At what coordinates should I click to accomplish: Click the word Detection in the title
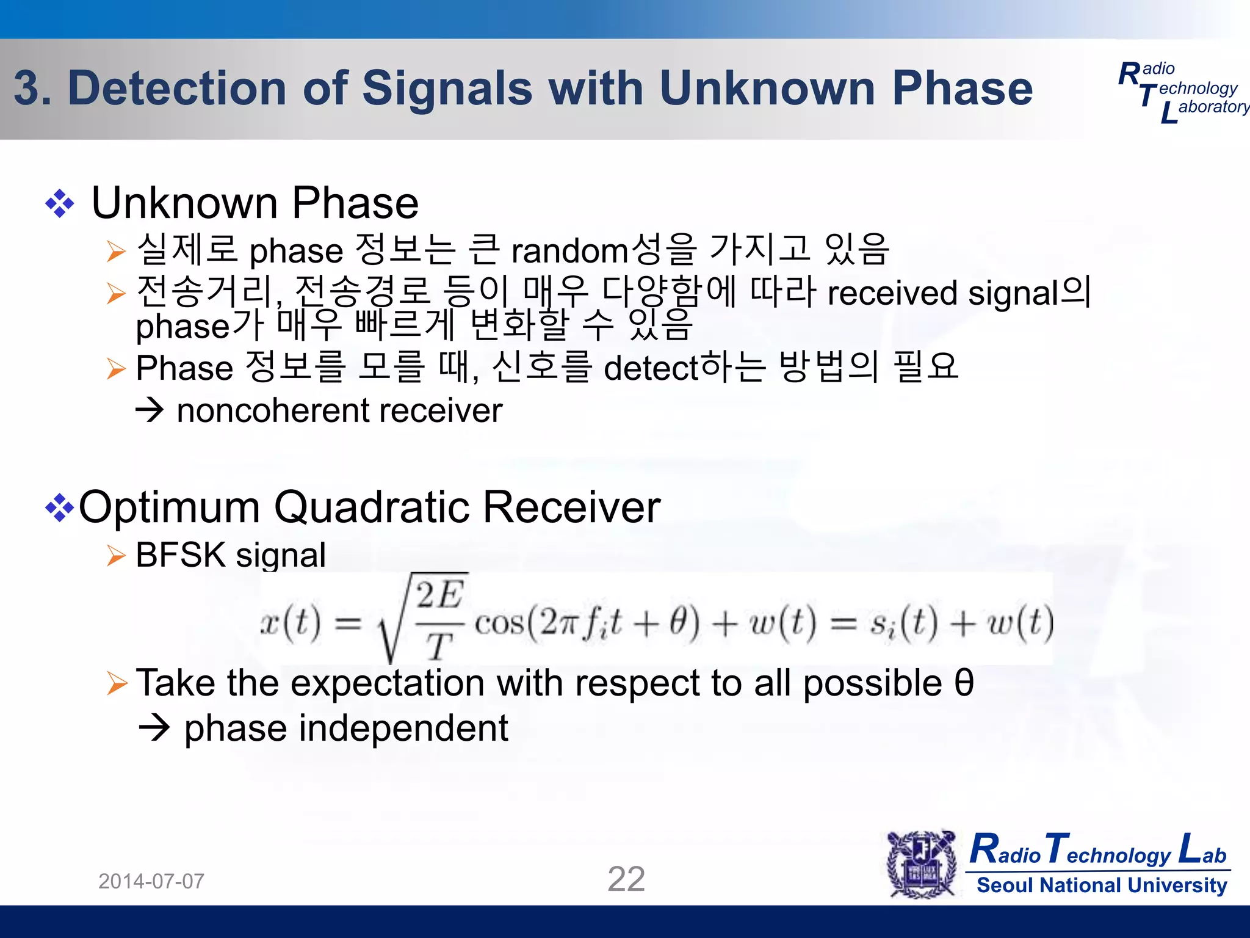coord(177,89)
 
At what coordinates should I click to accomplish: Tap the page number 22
coord(626,879)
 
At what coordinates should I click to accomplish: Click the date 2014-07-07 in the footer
coord(151,881)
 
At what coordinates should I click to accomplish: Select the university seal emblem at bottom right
coord(922,864)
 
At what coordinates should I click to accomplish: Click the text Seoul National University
coord(1102,885)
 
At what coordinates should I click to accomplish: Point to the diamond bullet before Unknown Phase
coord(60,204)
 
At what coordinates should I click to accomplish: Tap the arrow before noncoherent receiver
coord(150,410)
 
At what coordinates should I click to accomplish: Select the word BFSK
coord(181,555)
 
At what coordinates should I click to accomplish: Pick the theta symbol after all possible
coord(964,683)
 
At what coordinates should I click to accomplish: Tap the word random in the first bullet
coord(569,251)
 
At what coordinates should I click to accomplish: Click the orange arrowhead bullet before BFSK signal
coord(116,556)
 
